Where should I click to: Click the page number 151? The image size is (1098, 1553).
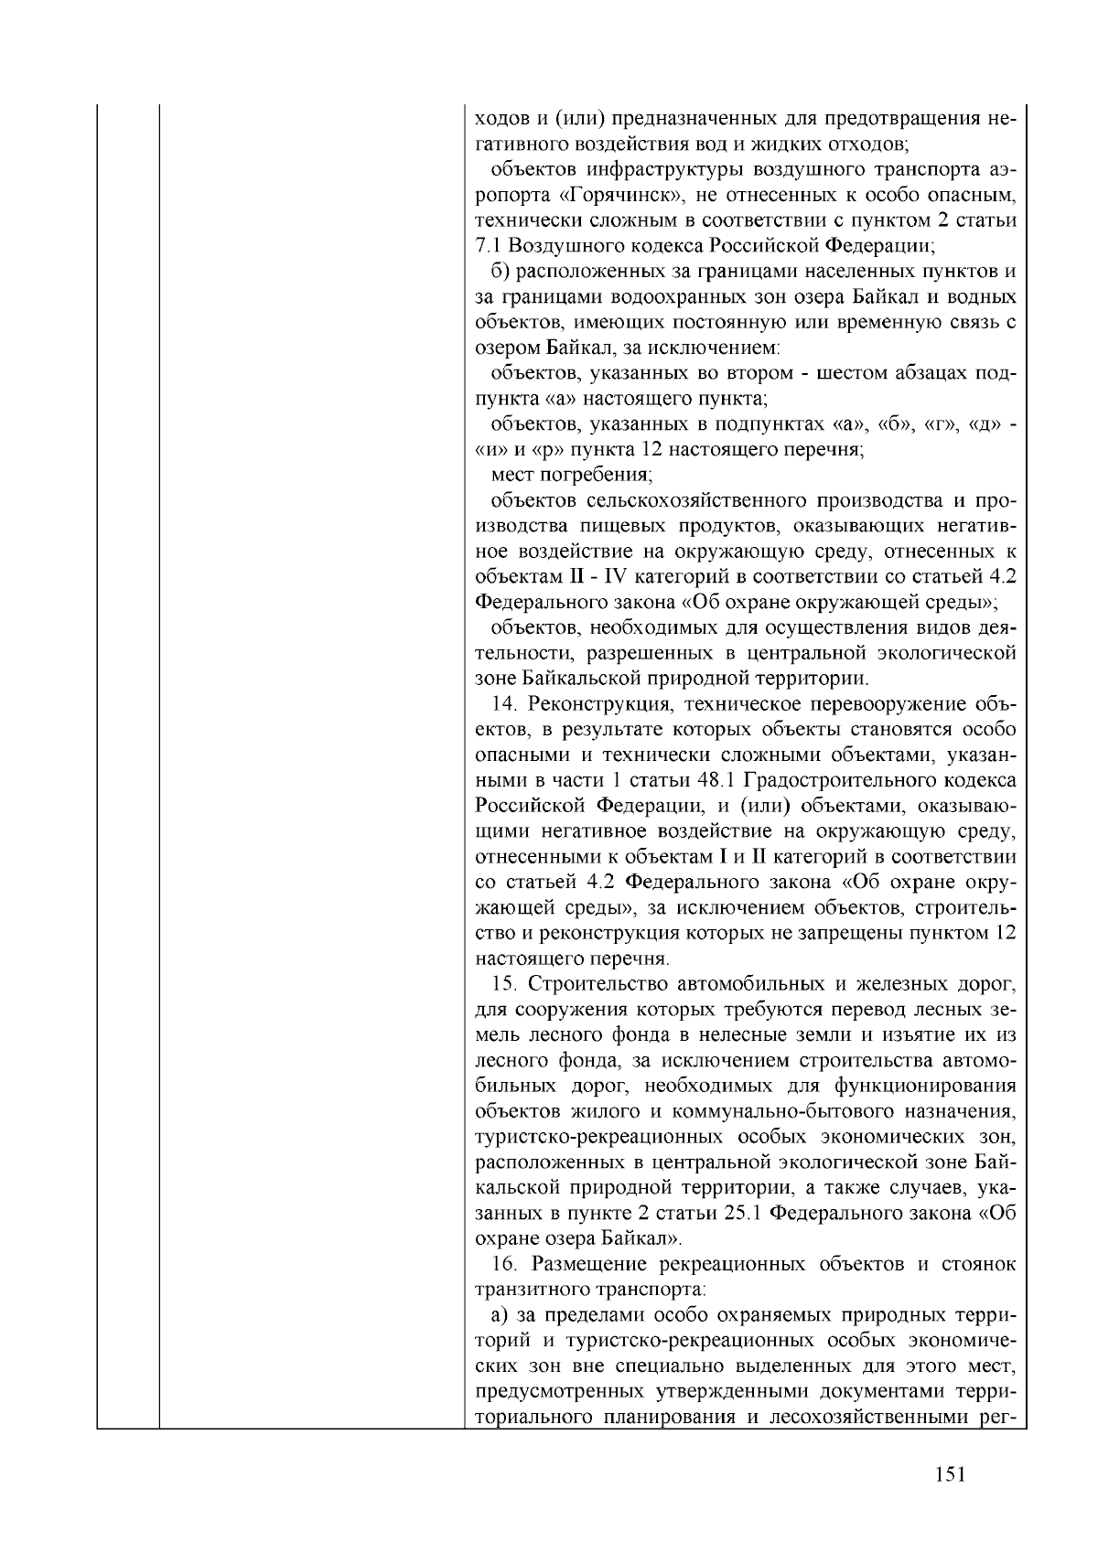951,1473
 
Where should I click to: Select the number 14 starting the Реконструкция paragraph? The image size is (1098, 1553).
503,704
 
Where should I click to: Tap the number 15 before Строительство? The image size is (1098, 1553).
503,984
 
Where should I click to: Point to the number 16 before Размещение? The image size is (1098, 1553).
503,1265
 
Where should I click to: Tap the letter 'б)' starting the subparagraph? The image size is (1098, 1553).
500,272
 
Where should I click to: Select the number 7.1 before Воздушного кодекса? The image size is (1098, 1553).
489,246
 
